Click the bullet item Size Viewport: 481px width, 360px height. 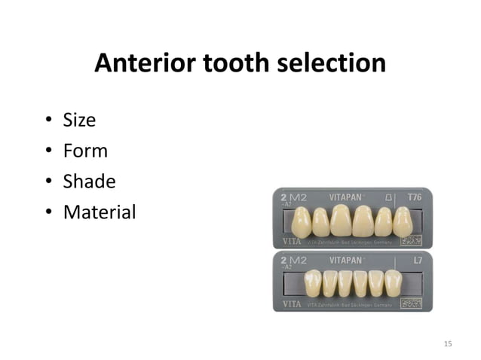(x=79, y=121)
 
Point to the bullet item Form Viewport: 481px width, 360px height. (x=85, y=151)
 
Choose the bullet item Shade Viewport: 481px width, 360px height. (x=89, y=182)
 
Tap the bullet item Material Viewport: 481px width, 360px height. (x=100, y=212)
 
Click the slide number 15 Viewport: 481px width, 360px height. (x=448, y=344)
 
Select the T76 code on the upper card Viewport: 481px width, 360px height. (x=415, y=197)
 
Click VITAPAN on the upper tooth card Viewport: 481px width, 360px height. (x=349, y=197)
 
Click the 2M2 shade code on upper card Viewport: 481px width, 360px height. (x=295, y=197)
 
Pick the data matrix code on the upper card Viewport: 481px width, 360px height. (x=412, y=241)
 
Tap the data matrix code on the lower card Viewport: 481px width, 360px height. (x=412, y=303)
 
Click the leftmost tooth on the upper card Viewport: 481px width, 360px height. (x=301, y=222)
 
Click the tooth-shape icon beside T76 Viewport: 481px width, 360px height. (x=389, y=197)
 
